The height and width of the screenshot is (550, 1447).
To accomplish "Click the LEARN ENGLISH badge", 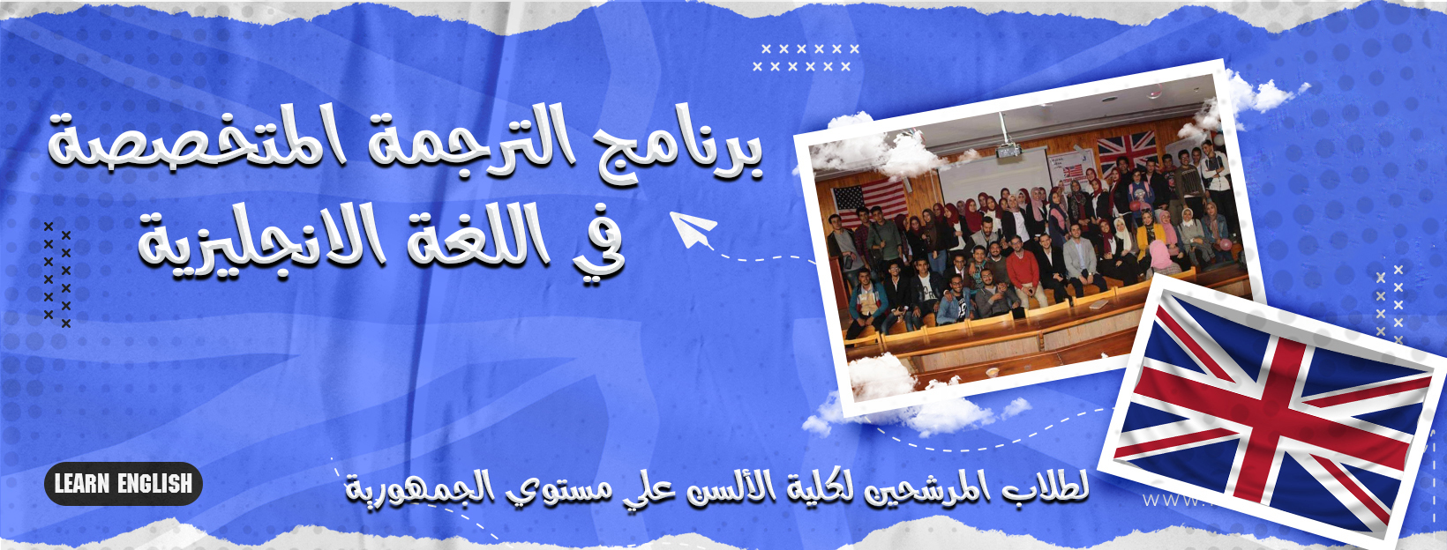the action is tap(124, 483).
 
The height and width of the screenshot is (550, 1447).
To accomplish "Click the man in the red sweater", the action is tap(1022, 271).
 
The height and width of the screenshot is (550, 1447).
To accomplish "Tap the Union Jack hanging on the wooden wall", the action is tap(1127, 151).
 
